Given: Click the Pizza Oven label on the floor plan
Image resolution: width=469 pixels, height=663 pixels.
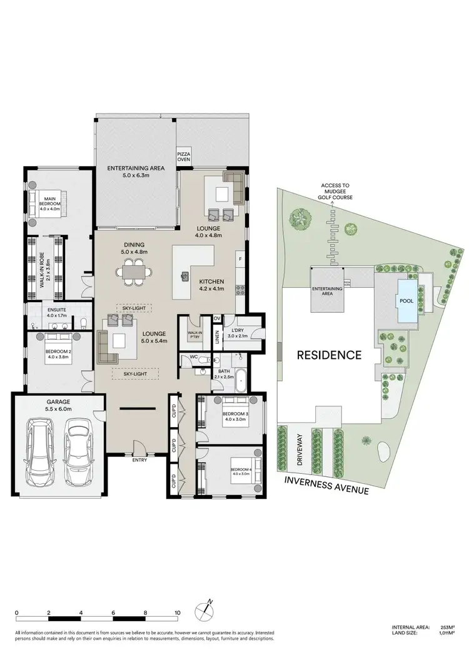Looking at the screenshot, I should (184, 155).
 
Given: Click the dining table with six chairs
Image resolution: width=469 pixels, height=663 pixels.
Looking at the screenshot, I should (133, 272).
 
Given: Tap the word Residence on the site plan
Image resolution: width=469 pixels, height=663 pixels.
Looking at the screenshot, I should (329, 355).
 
